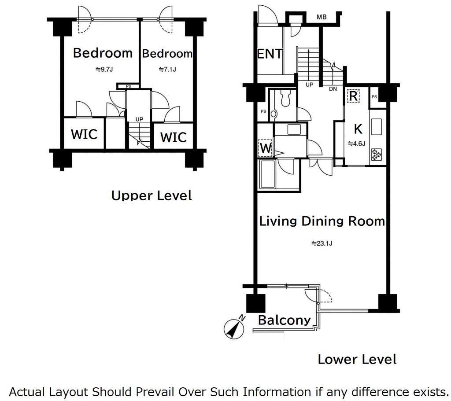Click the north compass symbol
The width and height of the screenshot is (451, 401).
click(234, 328)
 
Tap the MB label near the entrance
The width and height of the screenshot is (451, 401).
click(322, 17)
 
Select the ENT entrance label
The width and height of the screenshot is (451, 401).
click(270, 54)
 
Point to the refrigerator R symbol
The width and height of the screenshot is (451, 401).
click(353, 96)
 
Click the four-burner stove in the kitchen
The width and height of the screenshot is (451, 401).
click(377, 154)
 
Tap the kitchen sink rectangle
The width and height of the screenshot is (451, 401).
click(376, 127)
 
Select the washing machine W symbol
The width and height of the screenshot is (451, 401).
click(265, 148)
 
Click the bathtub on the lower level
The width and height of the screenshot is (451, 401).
click(267, 173)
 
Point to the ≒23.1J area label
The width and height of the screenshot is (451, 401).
click(322, 243)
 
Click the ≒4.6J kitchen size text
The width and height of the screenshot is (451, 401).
click(356, 143)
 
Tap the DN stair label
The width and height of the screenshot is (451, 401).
click(333, 89)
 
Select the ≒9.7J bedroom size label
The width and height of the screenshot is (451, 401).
click(104, 69)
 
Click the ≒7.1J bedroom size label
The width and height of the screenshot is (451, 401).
click(167, 69)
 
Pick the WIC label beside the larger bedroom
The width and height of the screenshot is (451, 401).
click(84, 134)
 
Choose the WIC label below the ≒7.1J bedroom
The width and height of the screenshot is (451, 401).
click(174, 137)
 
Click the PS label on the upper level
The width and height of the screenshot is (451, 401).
click(129, 86)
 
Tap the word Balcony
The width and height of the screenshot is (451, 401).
click(284, 320)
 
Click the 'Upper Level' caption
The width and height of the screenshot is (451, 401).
click(152, 195)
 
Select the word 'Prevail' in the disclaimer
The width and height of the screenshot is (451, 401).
click(155, 392)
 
